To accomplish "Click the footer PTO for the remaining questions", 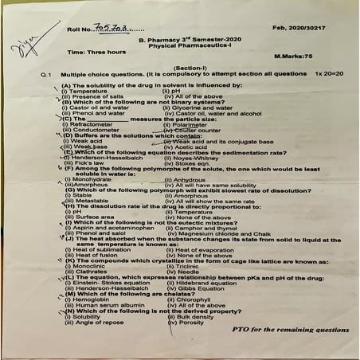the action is pyautogui.click(x=290, y=328).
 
